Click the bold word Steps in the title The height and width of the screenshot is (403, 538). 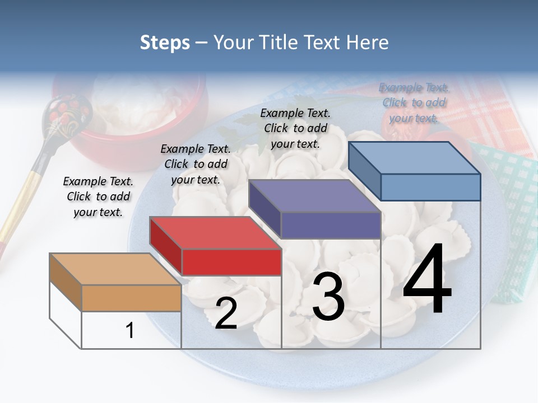[165, 43]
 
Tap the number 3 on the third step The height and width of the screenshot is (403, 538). [328, 297]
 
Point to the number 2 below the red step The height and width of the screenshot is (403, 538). [226, 313]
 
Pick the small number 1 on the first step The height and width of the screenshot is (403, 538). [130, 330]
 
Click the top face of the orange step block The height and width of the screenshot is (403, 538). [114, 269]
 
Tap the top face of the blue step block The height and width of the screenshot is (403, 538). [415, 158]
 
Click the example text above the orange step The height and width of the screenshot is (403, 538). [98, 196]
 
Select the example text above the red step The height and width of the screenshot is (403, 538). [196, 164]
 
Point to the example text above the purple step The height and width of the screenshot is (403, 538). [295, 128]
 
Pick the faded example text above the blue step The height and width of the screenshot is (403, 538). [414, 102]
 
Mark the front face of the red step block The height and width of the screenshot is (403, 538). [231, 262]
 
